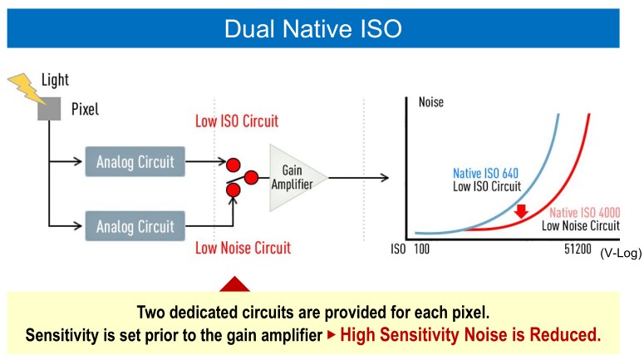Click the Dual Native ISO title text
pos(313,29)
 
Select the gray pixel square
pos(49,109)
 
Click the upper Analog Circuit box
pos(135,161)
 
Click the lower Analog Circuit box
pos(135,226)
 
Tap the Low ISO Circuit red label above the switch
pos(237,121)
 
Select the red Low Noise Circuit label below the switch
pos(243,248)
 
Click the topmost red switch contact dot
pos(234,165)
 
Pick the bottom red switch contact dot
pos(234,190)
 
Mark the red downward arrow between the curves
pos(521,211)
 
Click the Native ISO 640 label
pos(485,174)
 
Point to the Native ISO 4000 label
pos(585,213)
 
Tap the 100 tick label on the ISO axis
pos(422,249)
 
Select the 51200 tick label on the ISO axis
pos(578,249)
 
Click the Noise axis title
pos(431,102)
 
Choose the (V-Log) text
pos(621,253)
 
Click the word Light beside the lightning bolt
pos(55,80)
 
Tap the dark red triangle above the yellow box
pos(234,284)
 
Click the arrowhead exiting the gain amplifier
pos(385,178)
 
